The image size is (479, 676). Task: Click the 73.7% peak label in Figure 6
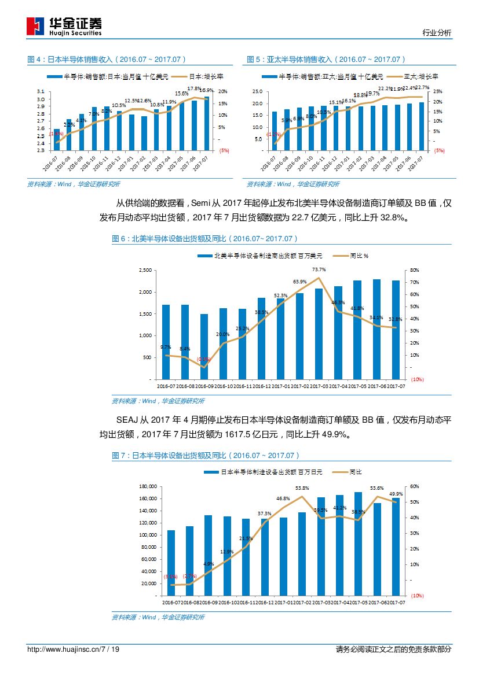[319, 269]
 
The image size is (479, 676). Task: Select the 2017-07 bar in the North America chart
[396, 330]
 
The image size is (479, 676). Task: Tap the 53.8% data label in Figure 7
[302, 488]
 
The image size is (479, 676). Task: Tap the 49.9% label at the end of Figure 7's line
[396, 494]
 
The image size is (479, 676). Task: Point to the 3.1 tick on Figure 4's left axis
[40, 92]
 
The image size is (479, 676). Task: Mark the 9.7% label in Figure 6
[166, 347]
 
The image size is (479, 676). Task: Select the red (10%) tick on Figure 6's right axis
[416, 379]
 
